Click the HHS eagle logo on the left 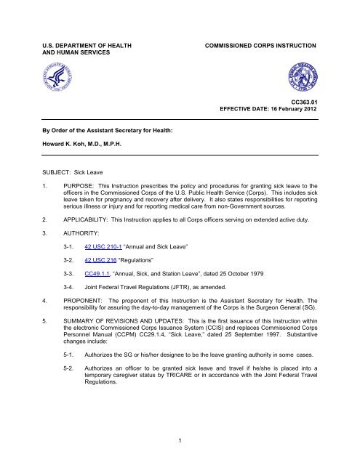tap(46, 73)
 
